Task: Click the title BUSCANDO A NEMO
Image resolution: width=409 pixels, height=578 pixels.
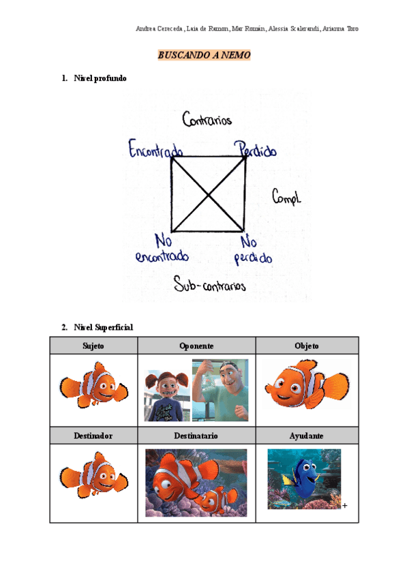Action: coord(204,55)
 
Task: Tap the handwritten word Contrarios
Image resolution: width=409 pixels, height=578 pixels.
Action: coord(207,121)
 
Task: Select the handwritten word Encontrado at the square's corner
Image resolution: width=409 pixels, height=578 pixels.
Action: coord(156,149)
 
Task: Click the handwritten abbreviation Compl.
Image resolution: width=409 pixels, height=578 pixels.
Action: coord(286,198)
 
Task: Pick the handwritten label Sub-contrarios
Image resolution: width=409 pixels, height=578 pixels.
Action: coord(209,284)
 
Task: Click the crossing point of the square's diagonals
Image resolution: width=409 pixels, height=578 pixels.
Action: coord(207,194)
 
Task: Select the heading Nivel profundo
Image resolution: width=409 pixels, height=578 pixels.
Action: coord(100,78)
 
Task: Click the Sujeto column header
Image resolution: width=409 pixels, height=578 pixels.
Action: coord(93,346)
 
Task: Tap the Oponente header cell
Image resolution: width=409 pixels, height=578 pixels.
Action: coord(196,346)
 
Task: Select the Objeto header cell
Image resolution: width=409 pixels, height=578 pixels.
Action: coord(307,346)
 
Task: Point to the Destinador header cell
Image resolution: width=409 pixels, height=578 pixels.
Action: coord(93,435)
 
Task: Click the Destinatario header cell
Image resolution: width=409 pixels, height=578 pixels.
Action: coord(196,435)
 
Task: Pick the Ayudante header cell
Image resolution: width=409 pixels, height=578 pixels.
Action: coord(307,435)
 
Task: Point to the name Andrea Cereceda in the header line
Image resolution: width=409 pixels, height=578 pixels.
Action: coord(160,29)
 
